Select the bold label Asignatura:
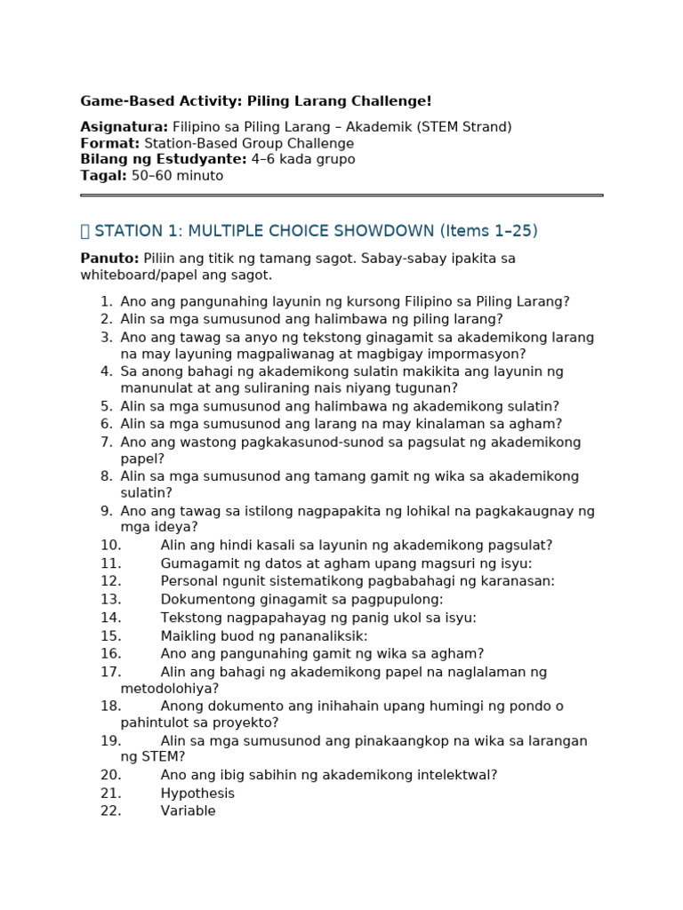pos(125,127)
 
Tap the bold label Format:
pos(110,143)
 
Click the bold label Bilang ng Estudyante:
pos(164,159)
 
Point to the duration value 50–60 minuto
pos(177,176)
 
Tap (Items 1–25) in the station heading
pos(489,231)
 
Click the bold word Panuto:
pos(109,259)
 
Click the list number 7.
pos(106,443)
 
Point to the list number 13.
pos(110,600)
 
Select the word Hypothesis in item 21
pos(197,794)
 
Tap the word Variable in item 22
pos(188,811)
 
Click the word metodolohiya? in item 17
pos(170,689)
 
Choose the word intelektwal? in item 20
pos(455,775)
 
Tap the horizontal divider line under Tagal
pos(341,196)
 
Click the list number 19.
pos(110,741)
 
